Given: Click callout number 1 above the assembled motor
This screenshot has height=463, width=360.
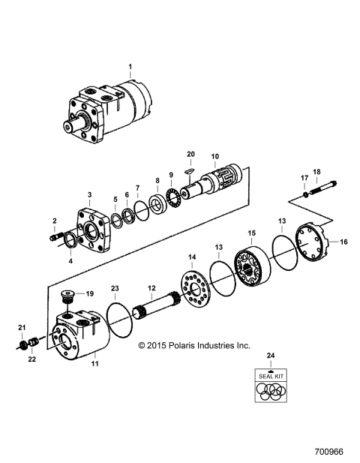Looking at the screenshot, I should click(x=129, y=68).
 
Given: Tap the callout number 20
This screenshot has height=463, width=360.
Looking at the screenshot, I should click(x=190, y=154).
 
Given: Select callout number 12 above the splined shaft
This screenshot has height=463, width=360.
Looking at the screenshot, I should click(x=151, y=288).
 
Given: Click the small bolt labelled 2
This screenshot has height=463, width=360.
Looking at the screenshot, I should click(x=58, y=239).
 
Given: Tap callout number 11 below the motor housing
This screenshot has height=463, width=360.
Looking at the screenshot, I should click(x=95, y=364).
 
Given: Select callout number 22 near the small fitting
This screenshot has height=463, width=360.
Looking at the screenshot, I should click(x=31, y=359).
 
